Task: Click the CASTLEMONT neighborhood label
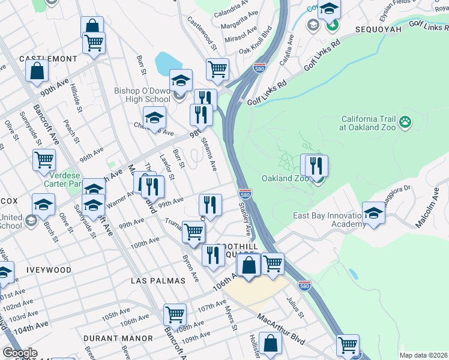[49, 59]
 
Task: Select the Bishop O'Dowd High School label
[142, 95]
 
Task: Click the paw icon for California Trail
[406, 122]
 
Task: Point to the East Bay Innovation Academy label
[329, 220]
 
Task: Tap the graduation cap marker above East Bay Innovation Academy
[373, 214]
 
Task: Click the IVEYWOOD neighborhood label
[49, 270]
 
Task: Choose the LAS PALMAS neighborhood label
[155, 281]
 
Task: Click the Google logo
[20, 353]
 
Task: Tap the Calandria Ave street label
[231, 8]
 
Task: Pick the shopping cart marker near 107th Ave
[175, 314]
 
